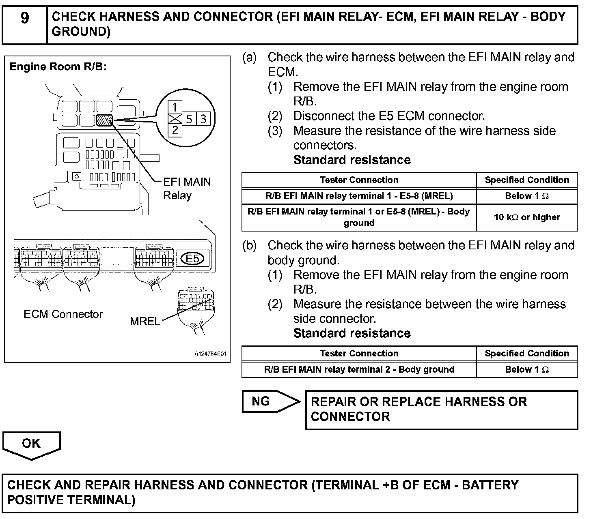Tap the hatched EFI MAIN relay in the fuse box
click(104, 120)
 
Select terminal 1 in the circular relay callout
click(175, 107)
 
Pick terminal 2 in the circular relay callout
click(175, 130)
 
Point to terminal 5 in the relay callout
click(189, 119)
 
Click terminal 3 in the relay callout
click(203, 119)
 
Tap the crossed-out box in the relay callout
click(175, 119)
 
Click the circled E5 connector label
click(192, 258)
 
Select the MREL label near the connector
click(145, 322)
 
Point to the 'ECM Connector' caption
click(63, 314)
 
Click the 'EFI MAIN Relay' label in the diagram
click(187, 189)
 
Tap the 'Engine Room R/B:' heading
click(58, 67)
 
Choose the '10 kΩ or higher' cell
click(526, 217)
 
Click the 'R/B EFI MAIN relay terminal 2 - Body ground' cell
click(359, 369)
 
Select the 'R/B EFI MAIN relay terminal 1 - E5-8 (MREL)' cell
click(359, 196)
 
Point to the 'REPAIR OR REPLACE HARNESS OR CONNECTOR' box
click(441, 410)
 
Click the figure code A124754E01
click(210, 354)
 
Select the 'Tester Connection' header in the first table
click(359, 180)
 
